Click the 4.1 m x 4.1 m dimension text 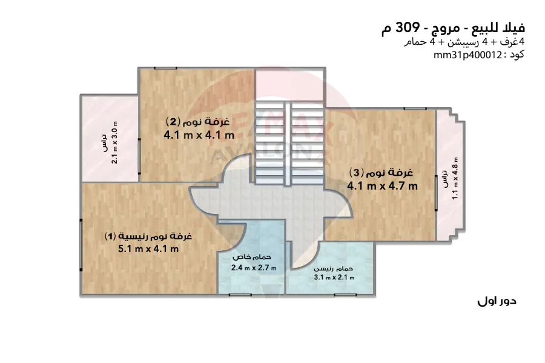pyautogui.click(x=199, y=135)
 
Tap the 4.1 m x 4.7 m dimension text pyautogui.click(x=382, y=186)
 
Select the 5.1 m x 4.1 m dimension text pyautogui.click(x=148, y=249)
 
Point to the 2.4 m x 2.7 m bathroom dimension pyautogui.click(x=254, y=268)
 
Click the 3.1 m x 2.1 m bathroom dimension pyautogui.click(x=334, y=278)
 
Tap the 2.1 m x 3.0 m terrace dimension pyautogui.click(x=114, y=142)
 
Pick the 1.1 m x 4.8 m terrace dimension pyautogui.click(x=455, y=178)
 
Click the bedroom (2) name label pyautogui.click(x=198, y=122)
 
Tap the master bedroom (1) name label pyautogui.click(x=148, y=236)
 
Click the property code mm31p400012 pyautogui.click(x=467, y=55)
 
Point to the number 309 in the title pyautogui.click(x=407, y=27)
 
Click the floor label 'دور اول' pyautogui.click(x=497, y=301)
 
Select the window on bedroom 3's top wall pyautogui.click(x=415, y=109)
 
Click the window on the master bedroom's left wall pyautogui.click(x=81, y=245)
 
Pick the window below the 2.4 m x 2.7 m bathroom pyautogui.click(x=240, y=295)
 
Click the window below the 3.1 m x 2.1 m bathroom pyautogui.click(x=345, y=295)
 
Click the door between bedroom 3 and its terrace pyautogui.click(x=436, y=193)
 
